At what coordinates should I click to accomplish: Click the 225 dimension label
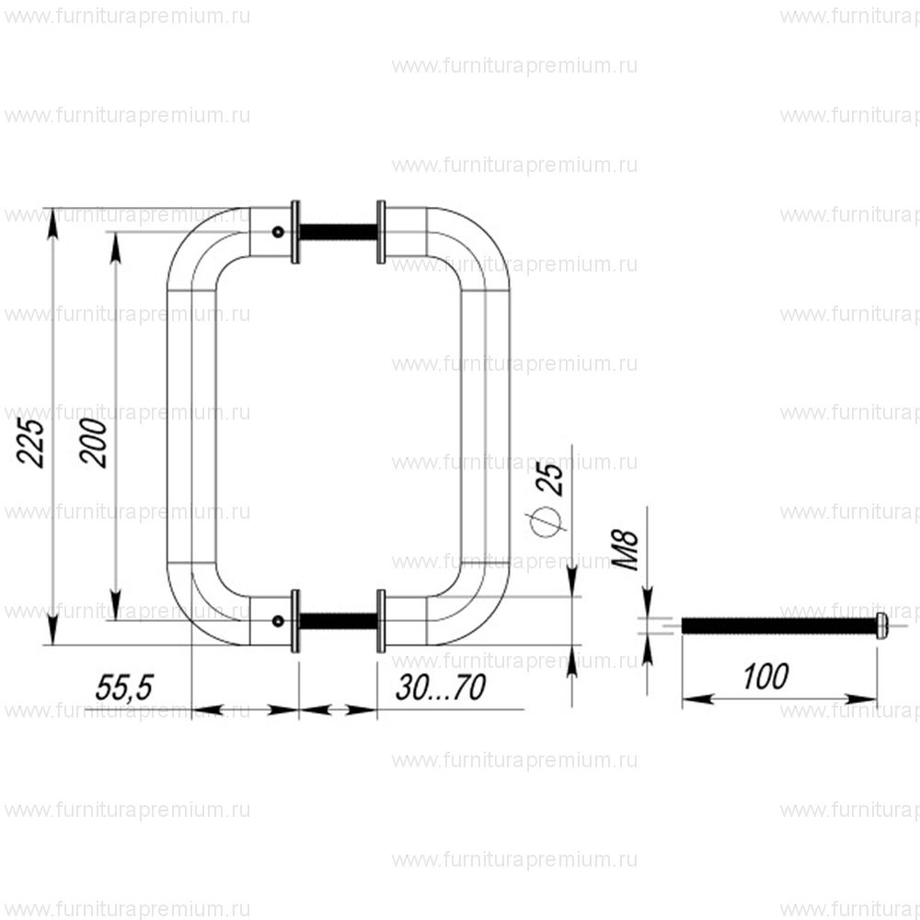[x=31, y=443]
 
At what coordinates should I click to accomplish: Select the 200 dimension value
[x=94, y=443]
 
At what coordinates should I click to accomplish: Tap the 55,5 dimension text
[x=124, y=687]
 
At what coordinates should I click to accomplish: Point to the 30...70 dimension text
[x=441, y=687]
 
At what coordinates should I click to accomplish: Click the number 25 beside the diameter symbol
[x=550, y=478]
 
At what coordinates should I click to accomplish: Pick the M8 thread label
[x=625, y=550]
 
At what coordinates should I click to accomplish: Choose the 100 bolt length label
[x=765, y=676]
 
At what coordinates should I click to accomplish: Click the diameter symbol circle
[x=546, y=521]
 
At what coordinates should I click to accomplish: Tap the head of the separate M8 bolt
[x=882, y=626]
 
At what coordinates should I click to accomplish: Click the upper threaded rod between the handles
[x=338, y=232]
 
